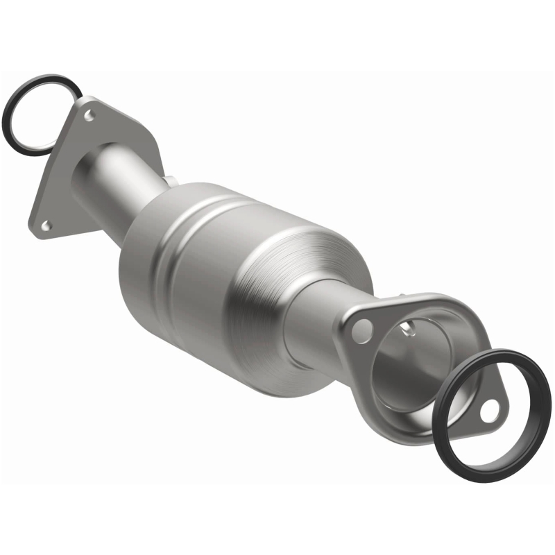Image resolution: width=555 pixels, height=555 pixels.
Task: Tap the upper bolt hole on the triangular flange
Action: tap(89, 115)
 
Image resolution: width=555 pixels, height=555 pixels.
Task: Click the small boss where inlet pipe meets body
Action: tap(169, 182)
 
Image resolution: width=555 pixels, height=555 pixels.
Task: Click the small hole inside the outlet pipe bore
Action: tap(411, 325)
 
